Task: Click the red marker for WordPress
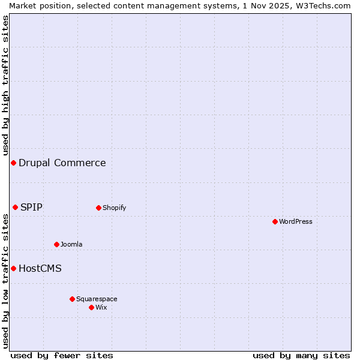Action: pyautogui.click(x=275, y=221)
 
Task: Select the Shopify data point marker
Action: pyautogui.click(x=98, y=208)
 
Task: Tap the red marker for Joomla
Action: pyautogui.click(x=56, y=244)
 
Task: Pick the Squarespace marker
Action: pyautogui.click(x=72, y=299)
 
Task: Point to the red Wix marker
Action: pyautogui.click(x=91, y=307)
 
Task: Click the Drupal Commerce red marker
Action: pyautogui.click(x=13, y=163)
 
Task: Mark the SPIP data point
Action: pyautogui.click(x=15, y=207)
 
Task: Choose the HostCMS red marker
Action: pyautogui.click(x=13, y=268)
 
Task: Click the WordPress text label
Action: pyautogui.click(x=296, y=221)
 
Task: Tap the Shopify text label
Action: pyautogui.click(x=114, y=208)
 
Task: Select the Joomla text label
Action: pyautogui.click(x=71, y=244)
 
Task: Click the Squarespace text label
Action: pyautogui.click(x=97, y=299)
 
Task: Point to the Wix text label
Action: pyautogui.click(x=101, y=307)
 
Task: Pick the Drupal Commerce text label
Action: pyautogui.click(x=62, y=163)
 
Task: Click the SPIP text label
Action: pyautogui.click(x=31, y=207)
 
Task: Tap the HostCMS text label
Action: pyautogui.click(x=40, y=268)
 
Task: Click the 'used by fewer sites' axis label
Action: pyautogui.click(x=62, y=355)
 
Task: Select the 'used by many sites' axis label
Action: pyautogui.click(x=301, y=355)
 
